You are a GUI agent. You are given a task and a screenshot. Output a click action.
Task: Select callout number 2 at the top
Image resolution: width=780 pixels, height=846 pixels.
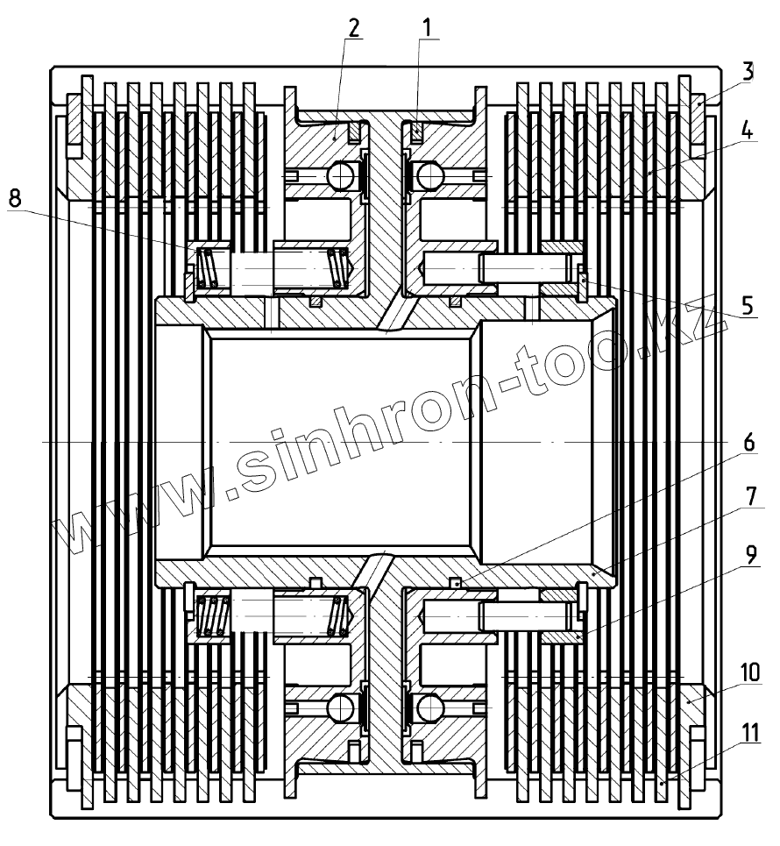[x=353, y=28]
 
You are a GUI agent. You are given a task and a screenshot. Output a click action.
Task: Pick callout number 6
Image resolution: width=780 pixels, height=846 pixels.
[x=748, y=443]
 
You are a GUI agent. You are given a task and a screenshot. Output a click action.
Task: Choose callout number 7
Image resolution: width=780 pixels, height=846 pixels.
[x=750, y=496]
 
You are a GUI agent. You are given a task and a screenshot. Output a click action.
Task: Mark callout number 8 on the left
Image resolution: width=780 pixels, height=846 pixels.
[x=15, y=198]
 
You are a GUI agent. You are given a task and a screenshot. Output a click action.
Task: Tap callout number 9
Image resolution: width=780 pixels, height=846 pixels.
[x=750, y=554]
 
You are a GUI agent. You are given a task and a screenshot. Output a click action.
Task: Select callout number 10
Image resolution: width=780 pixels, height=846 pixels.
[x=750, y=672]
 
